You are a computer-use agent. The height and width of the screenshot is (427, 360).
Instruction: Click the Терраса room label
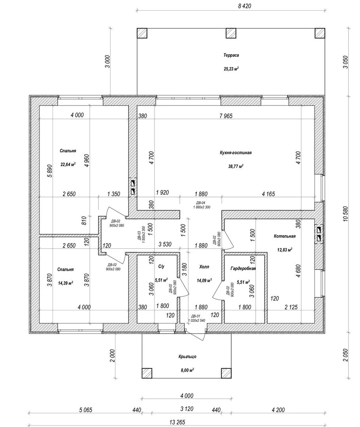pyautogui.click(x=231, y=56)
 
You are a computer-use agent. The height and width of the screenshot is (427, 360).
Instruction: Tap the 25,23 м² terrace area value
pyautogui.click(x=231, y=69)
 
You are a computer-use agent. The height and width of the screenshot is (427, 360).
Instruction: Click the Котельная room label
pyautogui.click(x=285, y=236)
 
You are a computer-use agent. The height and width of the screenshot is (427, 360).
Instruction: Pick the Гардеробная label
pyautogui.click(x=243, y=268)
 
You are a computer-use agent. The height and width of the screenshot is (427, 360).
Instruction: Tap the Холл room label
pyautogui.click(x=204, y=267)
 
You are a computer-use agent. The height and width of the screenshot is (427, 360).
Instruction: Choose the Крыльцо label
pyautogui.click(x=187, y=357)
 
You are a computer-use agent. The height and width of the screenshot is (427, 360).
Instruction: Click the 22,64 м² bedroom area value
pyautogui.click(x=68, y=164)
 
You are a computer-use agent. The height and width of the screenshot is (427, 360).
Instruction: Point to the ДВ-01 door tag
pyautogui.click(x=196, y=316)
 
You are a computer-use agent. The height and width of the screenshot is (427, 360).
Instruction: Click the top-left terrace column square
pyautogui.click(x=142, y=33)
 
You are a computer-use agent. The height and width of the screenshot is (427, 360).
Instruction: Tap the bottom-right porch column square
pyautogui.click(x=226, y=373)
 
